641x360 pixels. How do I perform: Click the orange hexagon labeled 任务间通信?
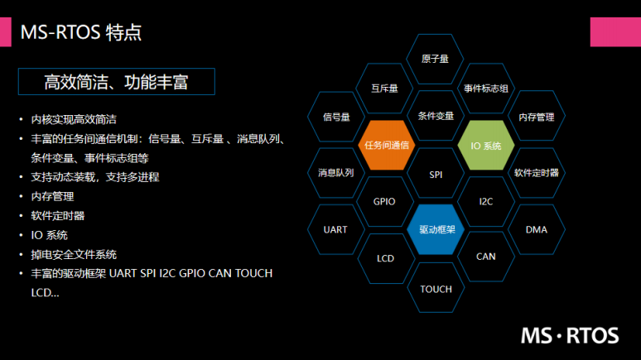385,145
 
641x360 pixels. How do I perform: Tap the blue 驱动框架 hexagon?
436,229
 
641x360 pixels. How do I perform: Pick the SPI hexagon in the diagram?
436,175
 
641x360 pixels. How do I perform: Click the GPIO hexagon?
384,201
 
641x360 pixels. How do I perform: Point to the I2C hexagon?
486,201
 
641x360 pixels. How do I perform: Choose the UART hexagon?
335,229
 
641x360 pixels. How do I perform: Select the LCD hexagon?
385,258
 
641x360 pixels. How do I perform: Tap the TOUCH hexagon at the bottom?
436,289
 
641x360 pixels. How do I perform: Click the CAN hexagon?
486,257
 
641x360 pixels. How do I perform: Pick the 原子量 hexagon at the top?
436,59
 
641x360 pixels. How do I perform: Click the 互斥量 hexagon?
385,88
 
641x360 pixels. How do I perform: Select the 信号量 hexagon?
335,117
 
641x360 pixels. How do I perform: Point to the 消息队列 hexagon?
335,173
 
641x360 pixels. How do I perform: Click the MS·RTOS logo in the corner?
570,335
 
